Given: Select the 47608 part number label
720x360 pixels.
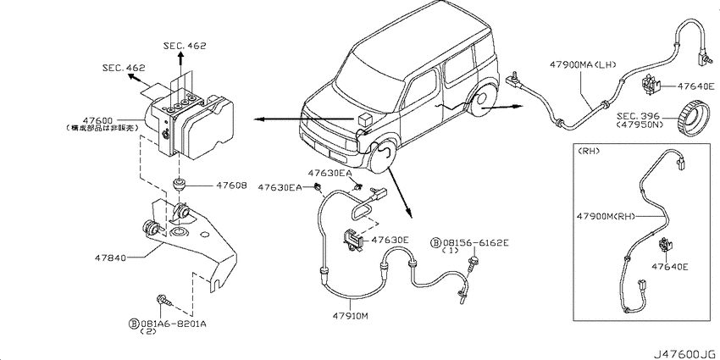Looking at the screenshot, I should pyautogui.click(x=230, y=186).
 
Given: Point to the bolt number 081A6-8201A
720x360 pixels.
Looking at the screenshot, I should pyautogui.click(x=175, y=323).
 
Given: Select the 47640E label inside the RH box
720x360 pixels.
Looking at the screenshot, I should pyautogui.click(x=670, y=267).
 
